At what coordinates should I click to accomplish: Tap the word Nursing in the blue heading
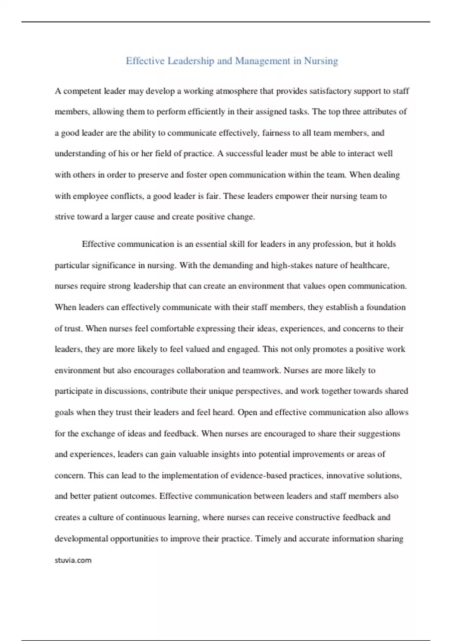[321, 61]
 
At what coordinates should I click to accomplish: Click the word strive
[64, 217]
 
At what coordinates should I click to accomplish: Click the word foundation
[386, 307]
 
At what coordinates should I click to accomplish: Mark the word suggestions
[379, 434]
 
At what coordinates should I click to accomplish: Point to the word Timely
[268, 539]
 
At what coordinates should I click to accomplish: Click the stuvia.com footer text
[73, 560]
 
